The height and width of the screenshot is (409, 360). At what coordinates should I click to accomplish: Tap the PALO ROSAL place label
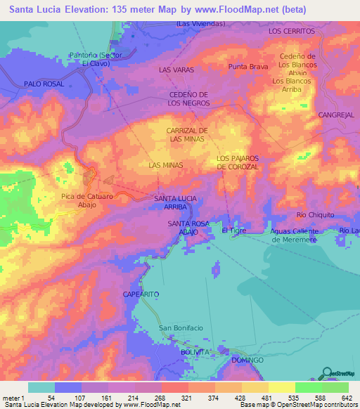point(44,84)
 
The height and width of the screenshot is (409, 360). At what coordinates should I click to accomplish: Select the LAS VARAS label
point(176,70)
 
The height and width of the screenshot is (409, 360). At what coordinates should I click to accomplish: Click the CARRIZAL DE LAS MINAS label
point(187,135)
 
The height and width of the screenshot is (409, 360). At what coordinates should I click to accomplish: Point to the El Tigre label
point(233,230)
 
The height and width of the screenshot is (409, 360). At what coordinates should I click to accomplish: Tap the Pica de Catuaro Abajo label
point(87,200)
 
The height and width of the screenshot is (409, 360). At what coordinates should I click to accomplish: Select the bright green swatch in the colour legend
point(308,387)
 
